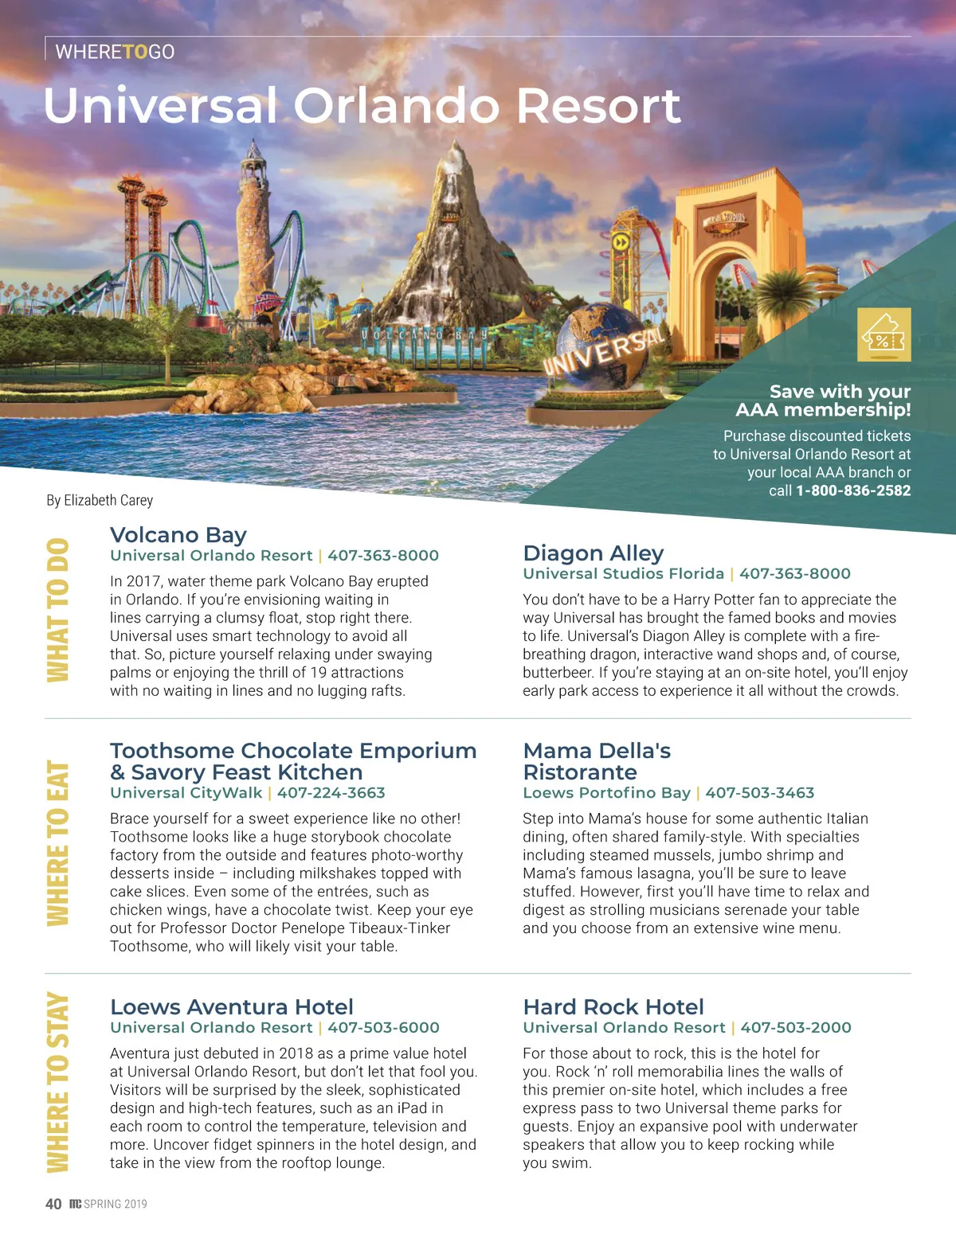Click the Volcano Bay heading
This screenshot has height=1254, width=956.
178,535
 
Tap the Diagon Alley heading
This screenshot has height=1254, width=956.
594,553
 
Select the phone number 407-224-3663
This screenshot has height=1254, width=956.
331,793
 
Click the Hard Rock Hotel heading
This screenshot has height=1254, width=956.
613,1007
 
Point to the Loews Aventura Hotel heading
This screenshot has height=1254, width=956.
232,1007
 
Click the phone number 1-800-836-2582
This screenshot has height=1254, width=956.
853,490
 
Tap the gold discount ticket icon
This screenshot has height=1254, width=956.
884,335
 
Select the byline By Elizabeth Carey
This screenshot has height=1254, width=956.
100,500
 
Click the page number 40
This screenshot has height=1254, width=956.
53,1204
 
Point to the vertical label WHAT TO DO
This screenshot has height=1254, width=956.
58,610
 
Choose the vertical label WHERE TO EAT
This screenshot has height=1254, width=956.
58,844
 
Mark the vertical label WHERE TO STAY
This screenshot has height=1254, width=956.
58,1082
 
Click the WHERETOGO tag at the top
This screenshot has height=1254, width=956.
115,52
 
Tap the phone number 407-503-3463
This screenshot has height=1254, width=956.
760,793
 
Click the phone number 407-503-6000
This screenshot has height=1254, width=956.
384,1028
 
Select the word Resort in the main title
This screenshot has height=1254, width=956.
599,106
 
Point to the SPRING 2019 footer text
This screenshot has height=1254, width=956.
116,1204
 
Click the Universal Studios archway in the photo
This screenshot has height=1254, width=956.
725,255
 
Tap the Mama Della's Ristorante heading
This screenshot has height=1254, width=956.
597,761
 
